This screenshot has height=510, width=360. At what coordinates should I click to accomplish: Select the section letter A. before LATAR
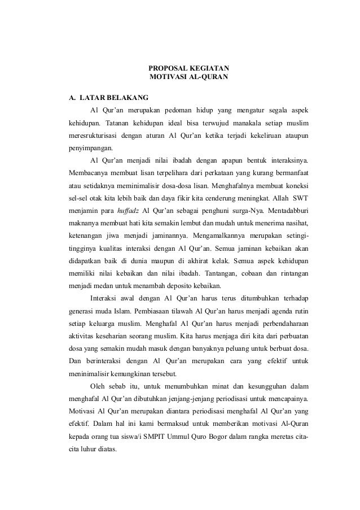pos(72,97)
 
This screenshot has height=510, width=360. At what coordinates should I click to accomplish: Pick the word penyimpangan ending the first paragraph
pos(91,150)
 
